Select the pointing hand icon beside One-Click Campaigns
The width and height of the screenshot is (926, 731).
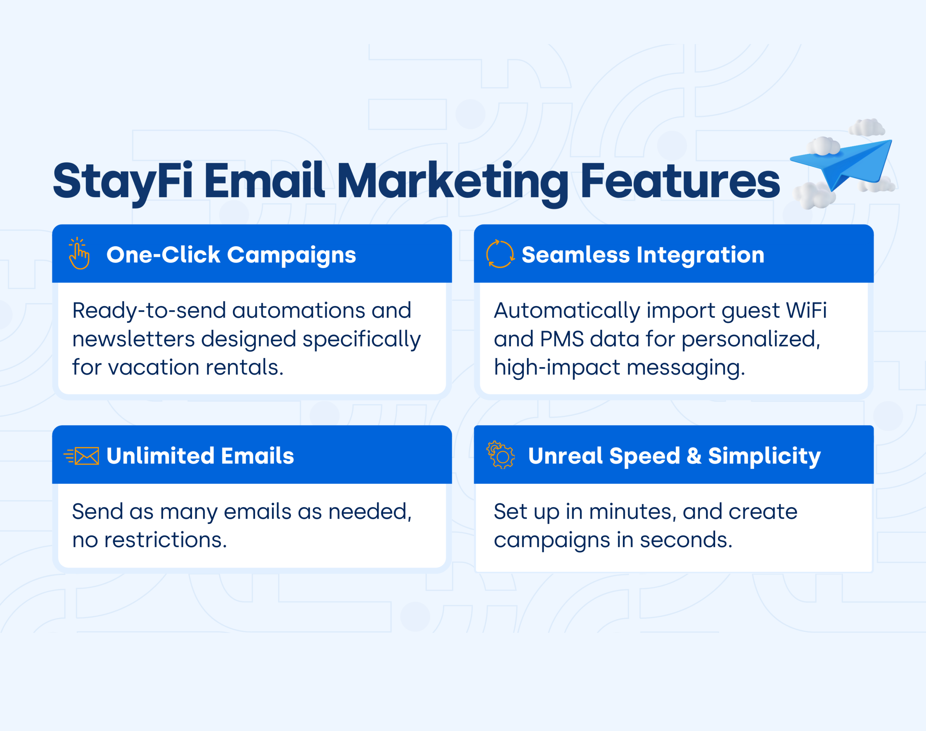click(79, 253)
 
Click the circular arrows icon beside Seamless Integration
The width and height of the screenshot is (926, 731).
click(500, 254)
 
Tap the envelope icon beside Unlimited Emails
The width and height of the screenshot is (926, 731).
click(81, 456)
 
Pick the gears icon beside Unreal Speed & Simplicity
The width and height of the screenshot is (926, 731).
click(500, 455)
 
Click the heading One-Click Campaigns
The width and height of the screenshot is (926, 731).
click(231, 255)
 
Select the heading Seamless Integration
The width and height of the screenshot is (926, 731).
click(643, 255)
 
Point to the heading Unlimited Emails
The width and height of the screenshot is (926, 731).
click(200, 456)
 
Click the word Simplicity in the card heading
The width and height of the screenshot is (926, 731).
click(764, 456)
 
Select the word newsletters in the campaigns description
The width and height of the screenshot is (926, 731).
click(133, 339)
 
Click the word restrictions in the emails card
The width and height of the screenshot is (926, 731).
click(166, 540)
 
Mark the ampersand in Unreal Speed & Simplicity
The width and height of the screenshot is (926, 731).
click(694, 456)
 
